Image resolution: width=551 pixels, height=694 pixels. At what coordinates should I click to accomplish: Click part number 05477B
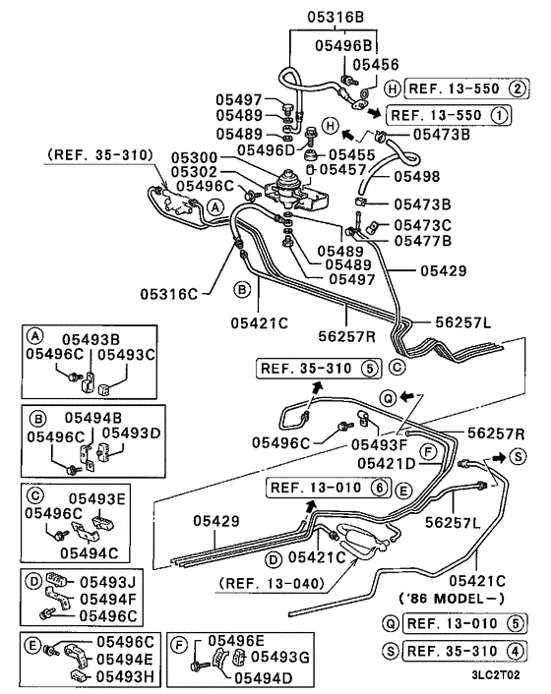(422, 239)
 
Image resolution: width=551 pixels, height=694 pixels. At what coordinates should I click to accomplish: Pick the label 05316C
(168, 293)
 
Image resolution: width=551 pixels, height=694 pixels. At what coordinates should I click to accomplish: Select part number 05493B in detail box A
(92, 337)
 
